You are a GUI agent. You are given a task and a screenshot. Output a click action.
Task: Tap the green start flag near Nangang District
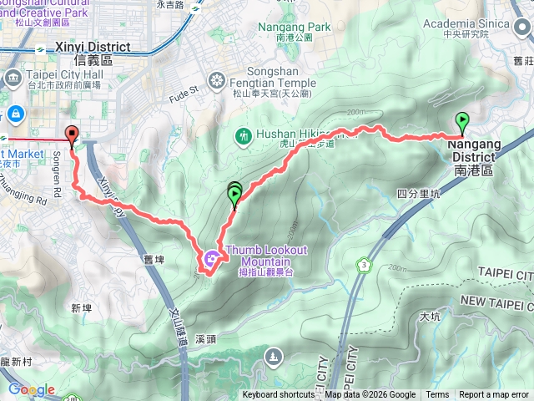coord(461,123)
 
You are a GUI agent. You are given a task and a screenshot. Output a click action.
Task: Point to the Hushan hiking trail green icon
coord(244,134)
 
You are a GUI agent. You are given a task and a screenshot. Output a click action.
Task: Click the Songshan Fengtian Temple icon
coord(217,81)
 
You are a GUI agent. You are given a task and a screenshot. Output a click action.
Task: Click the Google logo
coord(31,389)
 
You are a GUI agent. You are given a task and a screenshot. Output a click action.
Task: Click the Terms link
coord(437,395)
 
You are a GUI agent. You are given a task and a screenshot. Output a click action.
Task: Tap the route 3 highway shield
coord(364,266)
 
